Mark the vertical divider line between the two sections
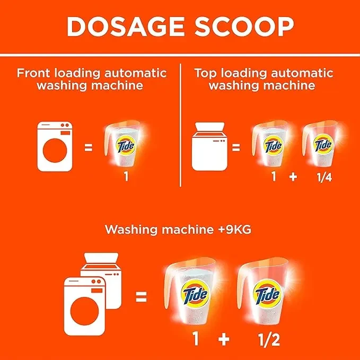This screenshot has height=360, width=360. tap(180, 125)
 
